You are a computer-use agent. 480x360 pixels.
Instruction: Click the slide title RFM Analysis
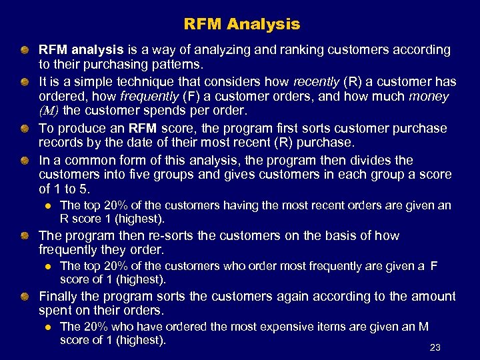242,25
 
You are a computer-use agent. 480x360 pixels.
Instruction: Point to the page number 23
435,347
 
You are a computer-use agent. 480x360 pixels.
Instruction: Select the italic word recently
316,82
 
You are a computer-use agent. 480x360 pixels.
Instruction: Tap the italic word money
428,97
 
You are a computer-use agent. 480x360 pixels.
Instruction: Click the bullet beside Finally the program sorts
24,296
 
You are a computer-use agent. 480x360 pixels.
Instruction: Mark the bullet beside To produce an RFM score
24,128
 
